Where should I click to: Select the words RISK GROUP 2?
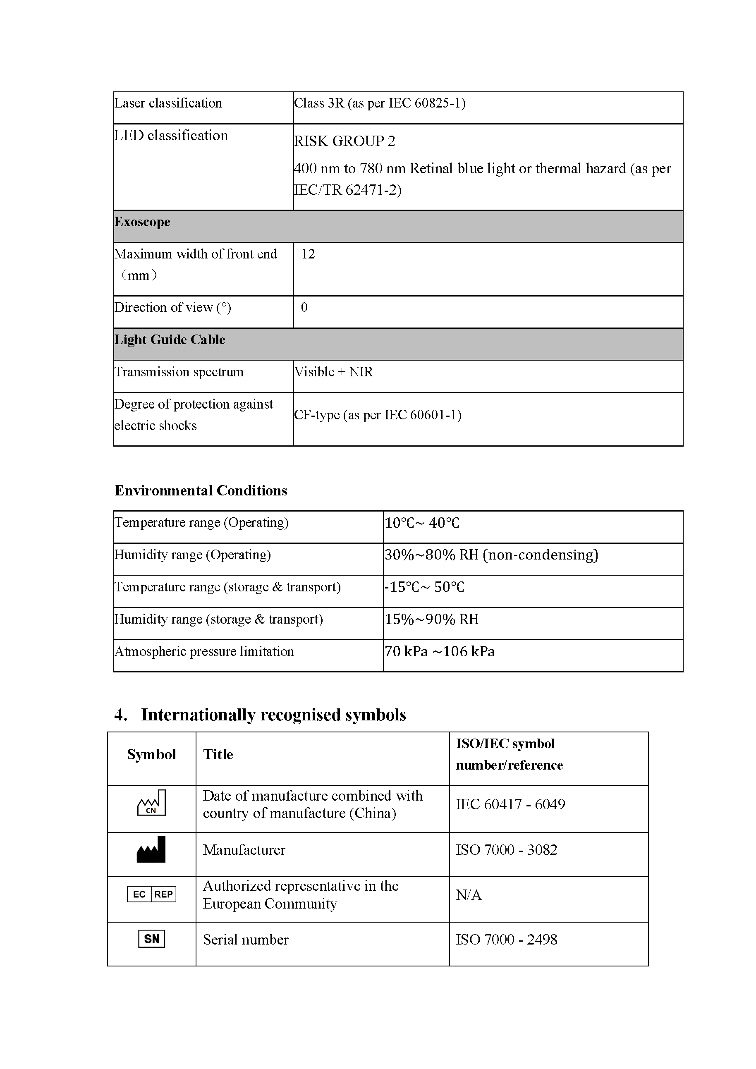(x=345, y=141)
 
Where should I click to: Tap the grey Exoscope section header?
(x=142, y=222)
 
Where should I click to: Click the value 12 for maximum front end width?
(x=308, y=254)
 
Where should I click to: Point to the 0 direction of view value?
(x=304, y=307)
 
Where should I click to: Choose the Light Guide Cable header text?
(x=170, y=340)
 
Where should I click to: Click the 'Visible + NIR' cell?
(x=334, y=372)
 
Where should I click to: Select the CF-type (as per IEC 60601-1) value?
(x=378, y=415)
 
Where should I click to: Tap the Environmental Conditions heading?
(x=201, y=491)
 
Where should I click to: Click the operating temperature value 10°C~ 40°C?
(x=422, y=523)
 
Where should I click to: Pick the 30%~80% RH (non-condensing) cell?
(x=491, y=555)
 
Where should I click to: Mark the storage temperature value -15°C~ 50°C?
(x=424, y=587)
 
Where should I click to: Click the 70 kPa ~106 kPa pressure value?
(x=440, y=651)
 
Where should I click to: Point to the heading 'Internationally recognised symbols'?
(x=273, y=715)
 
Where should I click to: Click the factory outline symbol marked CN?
(x=151, y=803)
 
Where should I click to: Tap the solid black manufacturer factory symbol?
(x=151, y=849)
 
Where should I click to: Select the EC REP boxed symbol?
(x=152, y=894)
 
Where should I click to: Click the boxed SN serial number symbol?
(x=152, y=939)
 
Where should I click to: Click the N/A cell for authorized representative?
(x=468, y=895)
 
